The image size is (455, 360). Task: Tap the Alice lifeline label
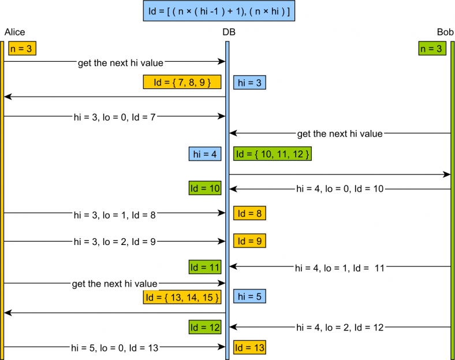[14, 32]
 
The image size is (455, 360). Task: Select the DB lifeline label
[229, 32]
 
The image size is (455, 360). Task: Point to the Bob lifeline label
[445, 32]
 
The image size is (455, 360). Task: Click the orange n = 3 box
[22, 49]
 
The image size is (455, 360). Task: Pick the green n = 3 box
[432, 49]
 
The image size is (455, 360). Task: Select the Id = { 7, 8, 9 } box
[182, 82]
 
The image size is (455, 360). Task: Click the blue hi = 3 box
[249, 82]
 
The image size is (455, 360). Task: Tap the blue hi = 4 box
[205, 154]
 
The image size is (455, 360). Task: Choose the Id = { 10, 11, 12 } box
[273, 154]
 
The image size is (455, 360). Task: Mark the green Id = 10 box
[205, 188]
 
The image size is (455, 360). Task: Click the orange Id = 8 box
[249, 213]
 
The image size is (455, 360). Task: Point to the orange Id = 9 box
[249, 240]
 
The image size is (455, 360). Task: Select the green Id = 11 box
[205, 267]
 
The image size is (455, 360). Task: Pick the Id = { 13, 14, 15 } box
[182, 297]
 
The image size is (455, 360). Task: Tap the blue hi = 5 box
[249, 297]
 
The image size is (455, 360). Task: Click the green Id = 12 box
[205, 328]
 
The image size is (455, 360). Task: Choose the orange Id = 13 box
[249, 347]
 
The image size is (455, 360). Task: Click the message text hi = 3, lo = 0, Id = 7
[115, 116]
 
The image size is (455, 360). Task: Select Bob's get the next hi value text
[340, 133]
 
